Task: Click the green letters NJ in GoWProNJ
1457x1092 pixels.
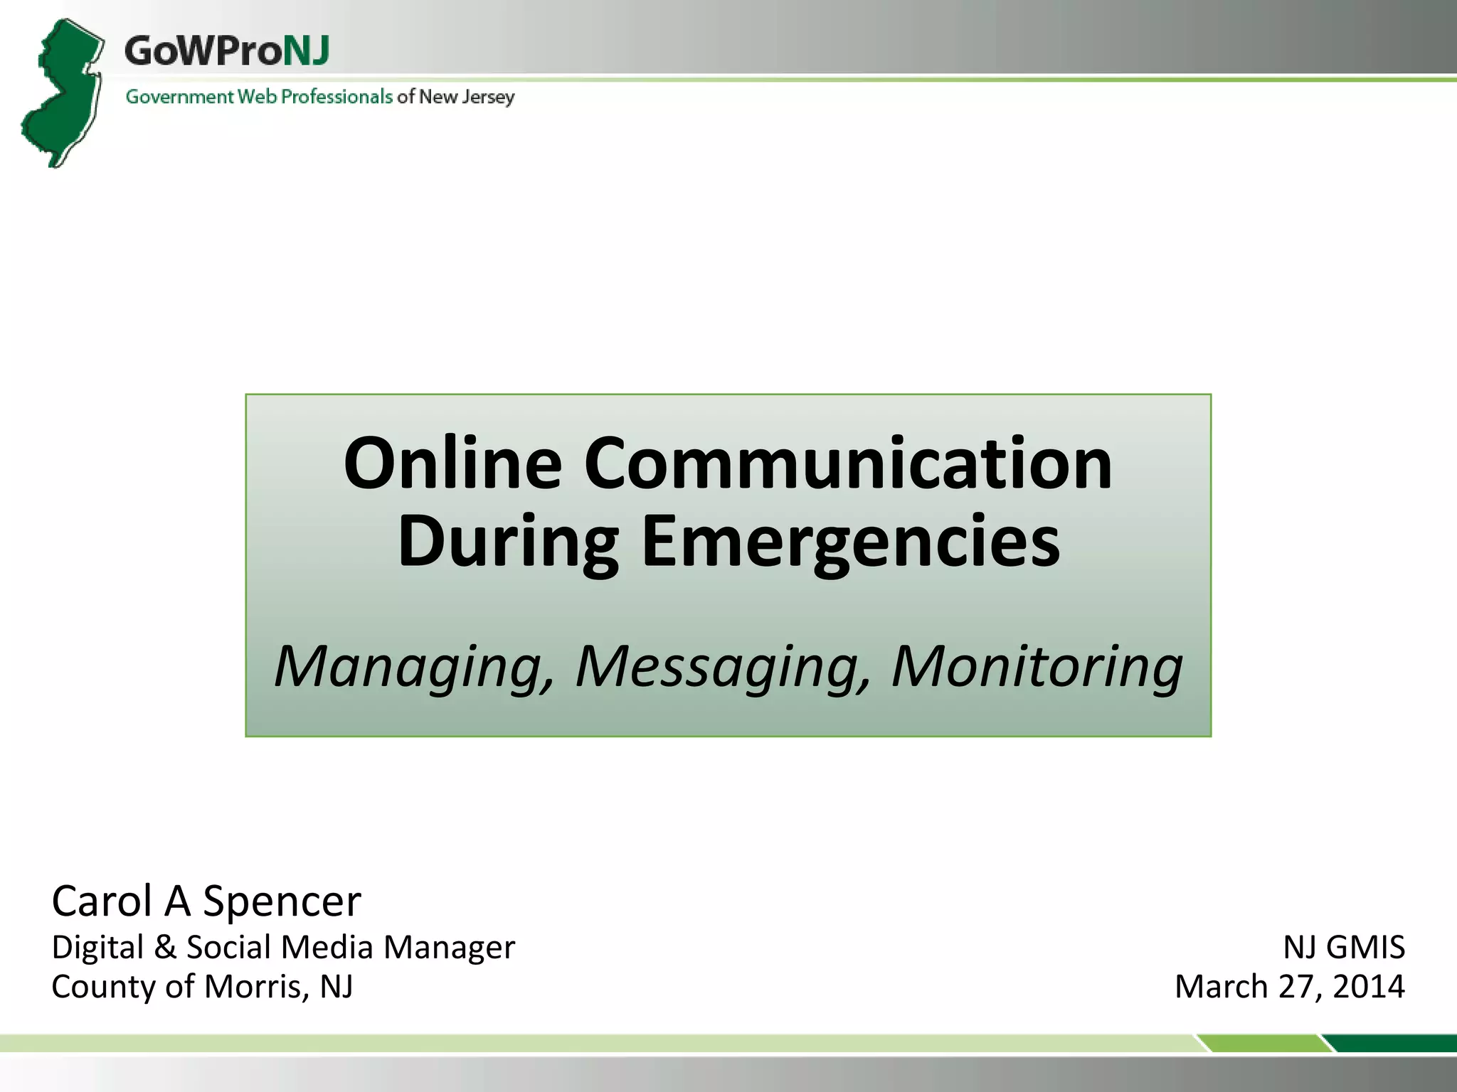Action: [x=306, y=51]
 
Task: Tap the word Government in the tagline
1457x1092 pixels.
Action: [x=179, y=97]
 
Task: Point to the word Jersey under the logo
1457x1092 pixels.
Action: [x=487, y=97]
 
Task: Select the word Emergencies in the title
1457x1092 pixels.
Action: [x=851, y=543]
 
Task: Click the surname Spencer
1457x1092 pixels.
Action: [x=282, y=901]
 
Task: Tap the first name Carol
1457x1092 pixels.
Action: [x=102, y=901]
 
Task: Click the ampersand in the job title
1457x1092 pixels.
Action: [x=165, y=947]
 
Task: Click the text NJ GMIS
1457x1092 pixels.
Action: [x=1344, y=947]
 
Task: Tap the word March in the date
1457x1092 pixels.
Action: [x=1221, y=986]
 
